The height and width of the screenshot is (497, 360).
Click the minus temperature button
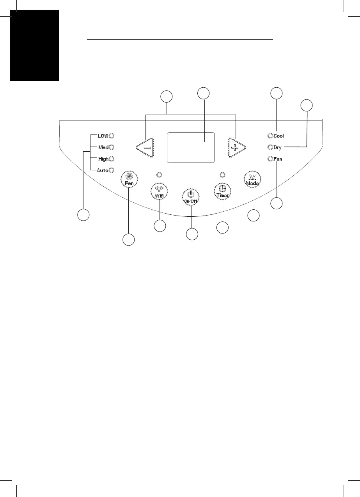(x=146, y=147)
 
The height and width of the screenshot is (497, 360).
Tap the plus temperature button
(x=236, y=147)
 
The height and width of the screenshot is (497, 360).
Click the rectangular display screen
(x=191, y=147)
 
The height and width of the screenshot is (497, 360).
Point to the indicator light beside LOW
(x=111, y=136)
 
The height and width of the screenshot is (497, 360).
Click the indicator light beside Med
(x=111, y=147)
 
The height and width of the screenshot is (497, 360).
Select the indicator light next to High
(x=111, y=159)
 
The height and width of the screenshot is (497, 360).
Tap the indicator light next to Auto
(x=111, y=170)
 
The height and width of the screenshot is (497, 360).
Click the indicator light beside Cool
(x=270, y=136)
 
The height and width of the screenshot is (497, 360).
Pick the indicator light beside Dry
(x=270, y=147)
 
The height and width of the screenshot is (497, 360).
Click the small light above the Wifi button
(x=160, y=174)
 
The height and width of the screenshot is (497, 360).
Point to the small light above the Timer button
(x=222, y=174)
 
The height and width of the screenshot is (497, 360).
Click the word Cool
(x=278, y=136)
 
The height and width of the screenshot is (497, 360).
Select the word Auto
(x=102, y=170)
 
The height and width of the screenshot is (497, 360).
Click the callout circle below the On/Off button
(x=191, y=234)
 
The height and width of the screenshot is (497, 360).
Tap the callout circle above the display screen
(x=203, y=93)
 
